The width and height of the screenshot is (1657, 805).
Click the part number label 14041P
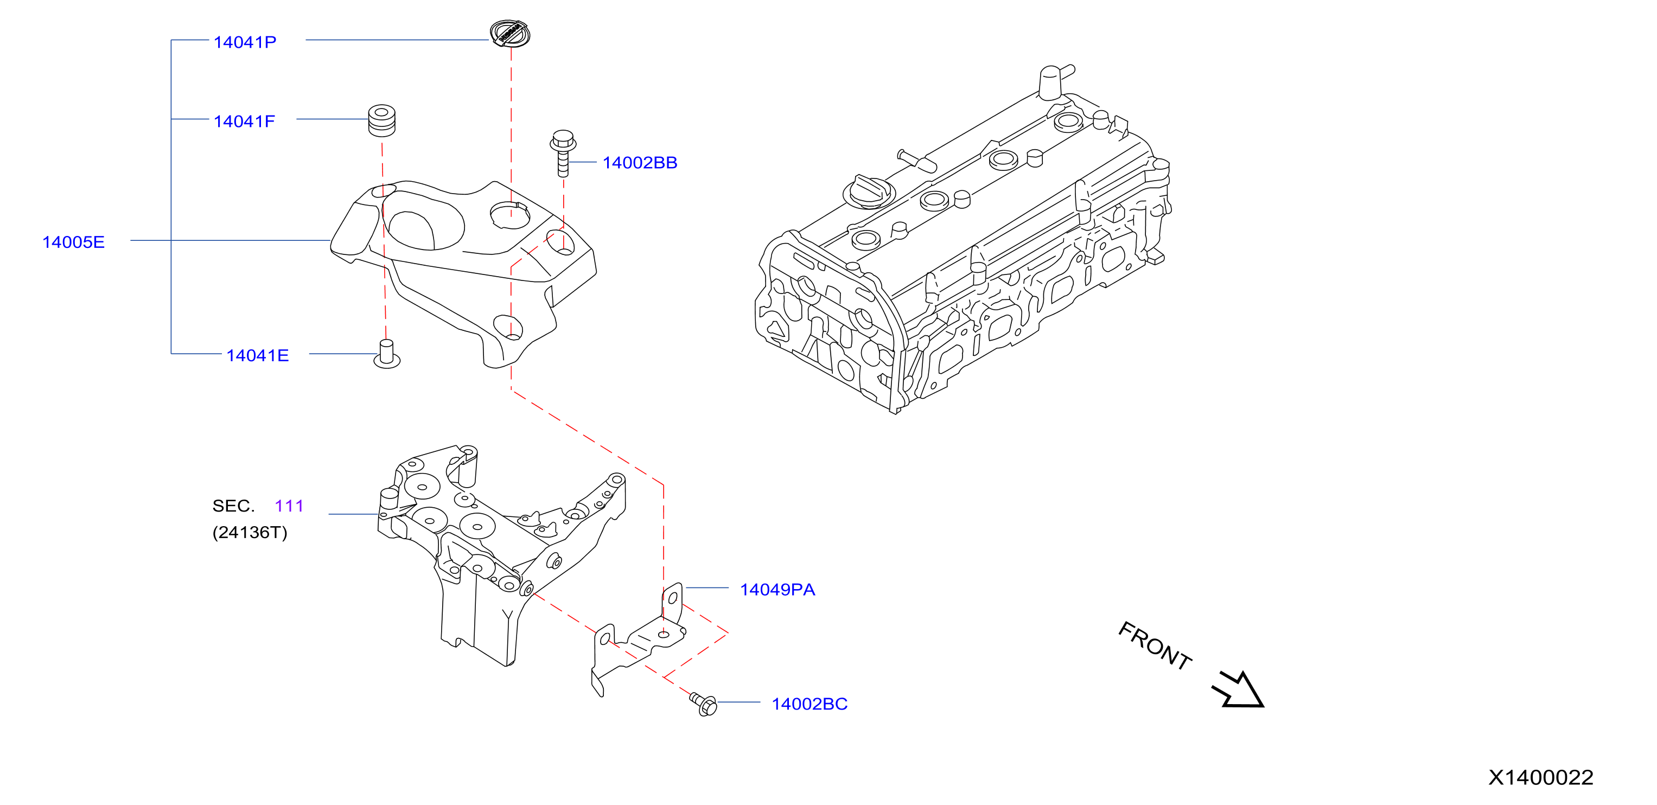(x=245, y=42)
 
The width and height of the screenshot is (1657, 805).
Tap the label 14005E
(x=73, y=242)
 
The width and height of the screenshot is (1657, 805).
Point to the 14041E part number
(x=257, y=355)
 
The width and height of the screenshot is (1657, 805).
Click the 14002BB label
(x=640, y=163)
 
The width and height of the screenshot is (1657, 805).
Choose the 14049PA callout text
(x=777, y=590)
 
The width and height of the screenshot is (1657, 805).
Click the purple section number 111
(x=289, y=506)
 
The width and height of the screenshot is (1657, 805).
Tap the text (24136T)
(x=250, y=532)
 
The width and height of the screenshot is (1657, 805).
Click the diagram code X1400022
(x=1540, y=777)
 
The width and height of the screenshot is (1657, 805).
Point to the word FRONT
(x=1155, y=646)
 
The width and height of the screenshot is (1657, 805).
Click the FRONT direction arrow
(x=1239, y=689)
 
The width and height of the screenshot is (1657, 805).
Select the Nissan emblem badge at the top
(x=509, y=33)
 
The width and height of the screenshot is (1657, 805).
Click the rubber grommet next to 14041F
(x=381, y=120)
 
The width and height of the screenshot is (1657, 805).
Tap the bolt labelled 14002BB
(x=563, y=153)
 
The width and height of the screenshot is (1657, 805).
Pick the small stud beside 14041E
(x=387, y=354)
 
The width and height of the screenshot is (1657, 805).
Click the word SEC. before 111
(x=233, y=506)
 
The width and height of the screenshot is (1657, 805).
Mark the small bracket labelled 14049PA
(x=638, y=640)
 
